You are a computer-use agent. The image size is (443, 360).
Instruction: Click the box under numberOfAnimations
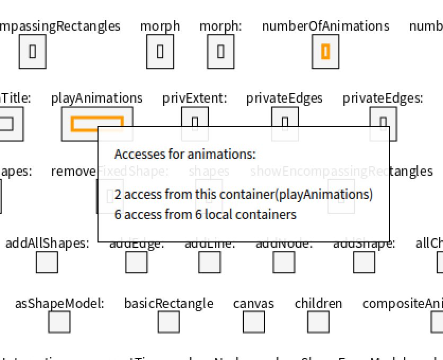click(x=325, y=51)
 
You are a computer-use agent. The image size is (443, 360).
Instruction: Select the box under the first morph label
click(x=160, y=51)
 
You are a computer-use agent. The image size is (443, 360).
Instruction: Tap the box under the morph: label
click(x=220, y=51)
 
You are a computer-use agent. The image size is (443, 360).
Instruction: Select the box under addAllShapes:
click(x=47, y=262)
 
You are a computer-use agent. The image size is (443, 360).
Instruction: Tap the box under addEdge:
click(x=136, y=262)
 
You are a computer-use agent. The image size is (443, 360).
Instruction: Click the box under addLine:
click(x=209, y=262)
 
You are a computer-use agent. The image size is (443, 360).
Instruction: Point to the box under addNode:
click(x=283, y=262)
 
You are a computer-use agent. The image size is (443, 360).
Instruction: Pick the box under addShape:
click(x=364, y=262)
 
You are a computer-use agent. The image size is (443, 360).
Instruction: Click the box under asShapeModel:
click(x=59, y=322)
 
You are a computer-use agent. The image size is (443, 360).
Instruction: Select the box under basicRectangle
click(x=169, y=322)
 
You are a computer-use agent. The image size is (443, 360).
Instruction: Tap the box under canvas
click(x=253, y=322)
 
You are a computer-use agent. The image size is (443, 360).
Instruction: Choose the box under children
click(x=318, y=322)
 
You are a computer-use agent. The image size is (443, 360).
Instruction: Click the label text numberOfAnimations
click(x=325, y=26)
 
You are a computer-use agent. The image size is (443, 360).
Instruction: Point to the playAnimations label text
click(x=96, y=98)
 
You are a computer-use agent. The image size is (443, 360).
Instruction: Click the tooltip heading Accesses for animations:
click(x=185, y=154)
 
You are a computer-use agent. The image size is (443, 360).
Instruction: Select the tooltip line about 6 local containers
click(x=205, y=214)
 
